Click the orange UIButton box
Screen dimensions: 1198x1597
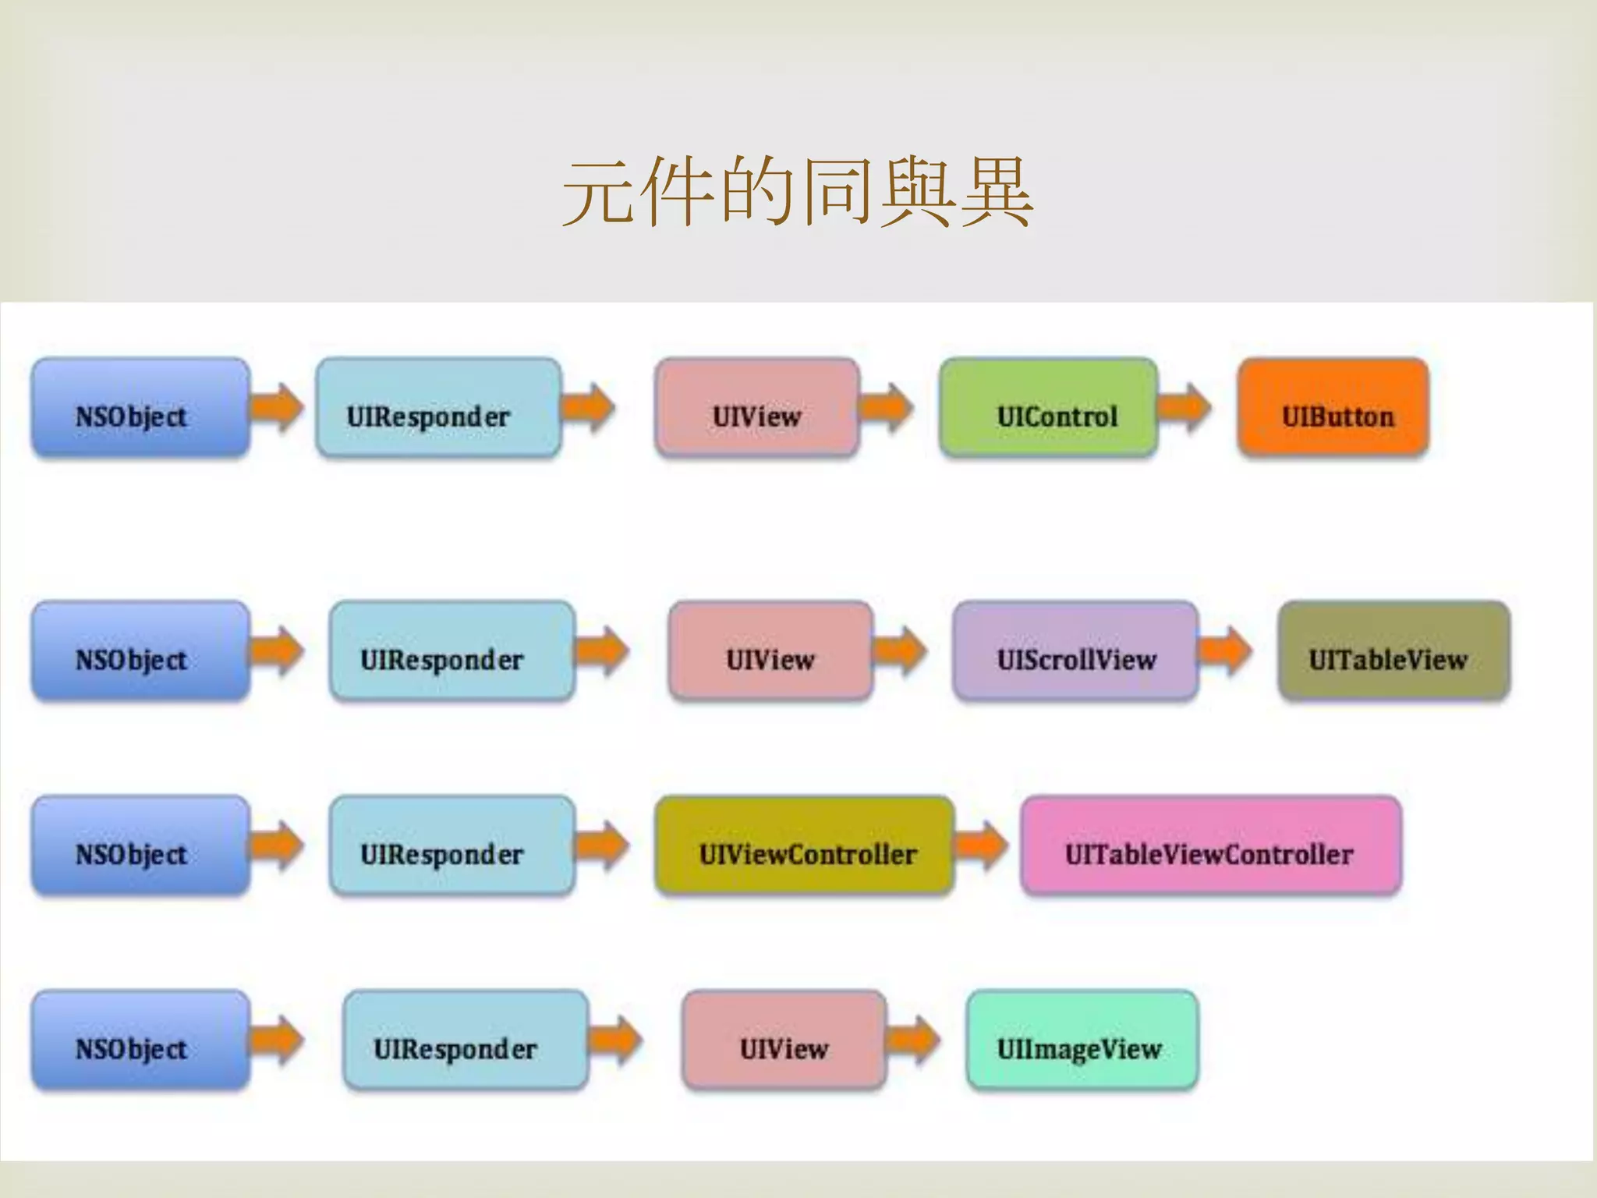[x=1333, y=407]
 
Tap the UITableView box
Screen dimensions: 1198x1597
[x=1394, y=650]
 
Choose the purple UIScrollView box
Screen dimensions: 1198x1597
[x=1075, y=650]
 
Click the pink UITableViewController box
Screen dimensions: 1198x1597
[x=1210, y=845]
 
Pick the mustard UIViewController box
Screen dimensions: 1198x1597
[x=805, y=845]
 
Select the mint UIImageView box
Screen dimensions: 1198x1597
[x=1082, y=1040]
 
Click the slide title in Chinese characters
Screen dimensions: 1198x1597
[x=798, y=192]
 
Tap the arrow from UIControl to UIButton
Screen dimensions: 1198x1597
[x=1184, y=406]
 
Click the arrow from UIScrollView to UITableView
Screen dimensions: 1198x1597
[x=1225, y=650]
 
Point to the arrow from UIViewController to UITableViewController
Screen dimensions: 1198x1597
[x=982, y=845]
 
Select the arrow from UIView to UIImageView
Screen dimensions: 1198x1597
[x=914, y=1039]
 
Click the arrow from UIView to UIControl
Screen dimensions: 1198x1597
[x=886, y=406]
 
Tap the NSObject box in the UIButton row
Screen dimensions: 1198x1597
[x=140, y=407]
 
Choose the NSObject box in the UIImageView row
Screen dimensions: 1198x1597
[x=140, y=1040]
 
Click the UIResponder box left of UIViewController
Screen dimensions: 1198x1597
[x=452, y=845]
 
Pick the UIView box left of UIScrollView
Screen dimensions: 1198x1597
[x=770, y=650]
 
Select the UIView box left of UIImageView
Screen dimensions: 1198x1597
[x=784, y=1040]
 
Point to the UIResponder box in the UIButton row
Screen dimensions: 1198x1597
[x=438, y=407]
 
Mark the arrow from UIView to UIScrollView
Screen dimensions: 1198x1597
[x=900, y=650]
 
